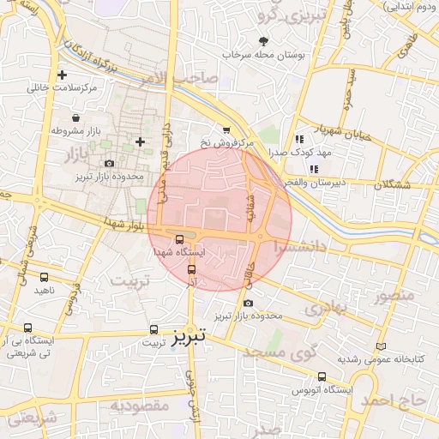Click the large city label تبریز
[x=189, y=337]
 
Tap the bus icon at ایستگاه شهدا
[x=179, y=240]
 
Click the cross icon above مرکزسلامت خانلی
[x=62, y=75]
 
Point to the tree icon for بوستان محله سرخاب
[x=263, y=41]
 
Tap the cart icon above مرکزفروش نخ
[x=226, y=130]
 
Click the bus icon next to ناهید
[x=44, y=277]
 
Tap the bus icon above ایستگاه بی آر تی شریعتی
[x=32, y=327]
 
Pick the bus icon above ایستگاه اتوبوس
[x=322, y=376]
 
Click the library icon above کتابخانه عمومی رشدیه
[x=379, y=346]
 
